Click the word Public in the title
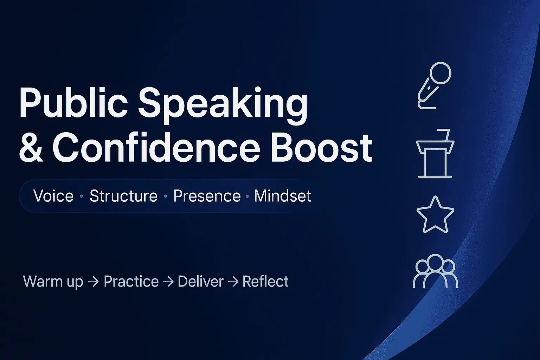[x=73, y=102]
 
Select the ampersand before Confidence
[x=31, y=149]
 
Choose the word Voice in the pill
[x=53, y=196]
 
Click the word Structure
[x=123, y=196]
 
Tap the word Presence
[x=207, y=196]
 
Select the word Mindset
[x=283, y=196]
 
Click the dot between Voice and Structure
[x=82, y=196]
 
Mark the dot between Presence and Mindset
[x=247, y=196]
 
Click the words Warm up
[x=53, y=281]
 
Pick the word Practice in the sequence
[x=131, y=281]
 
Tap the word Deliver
[x=201, y=281]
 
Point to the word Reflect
[x=265, y=281]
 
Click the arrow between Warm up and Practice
[x=94, y=282]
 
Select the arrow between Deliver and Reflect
[x=233, y=282]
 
